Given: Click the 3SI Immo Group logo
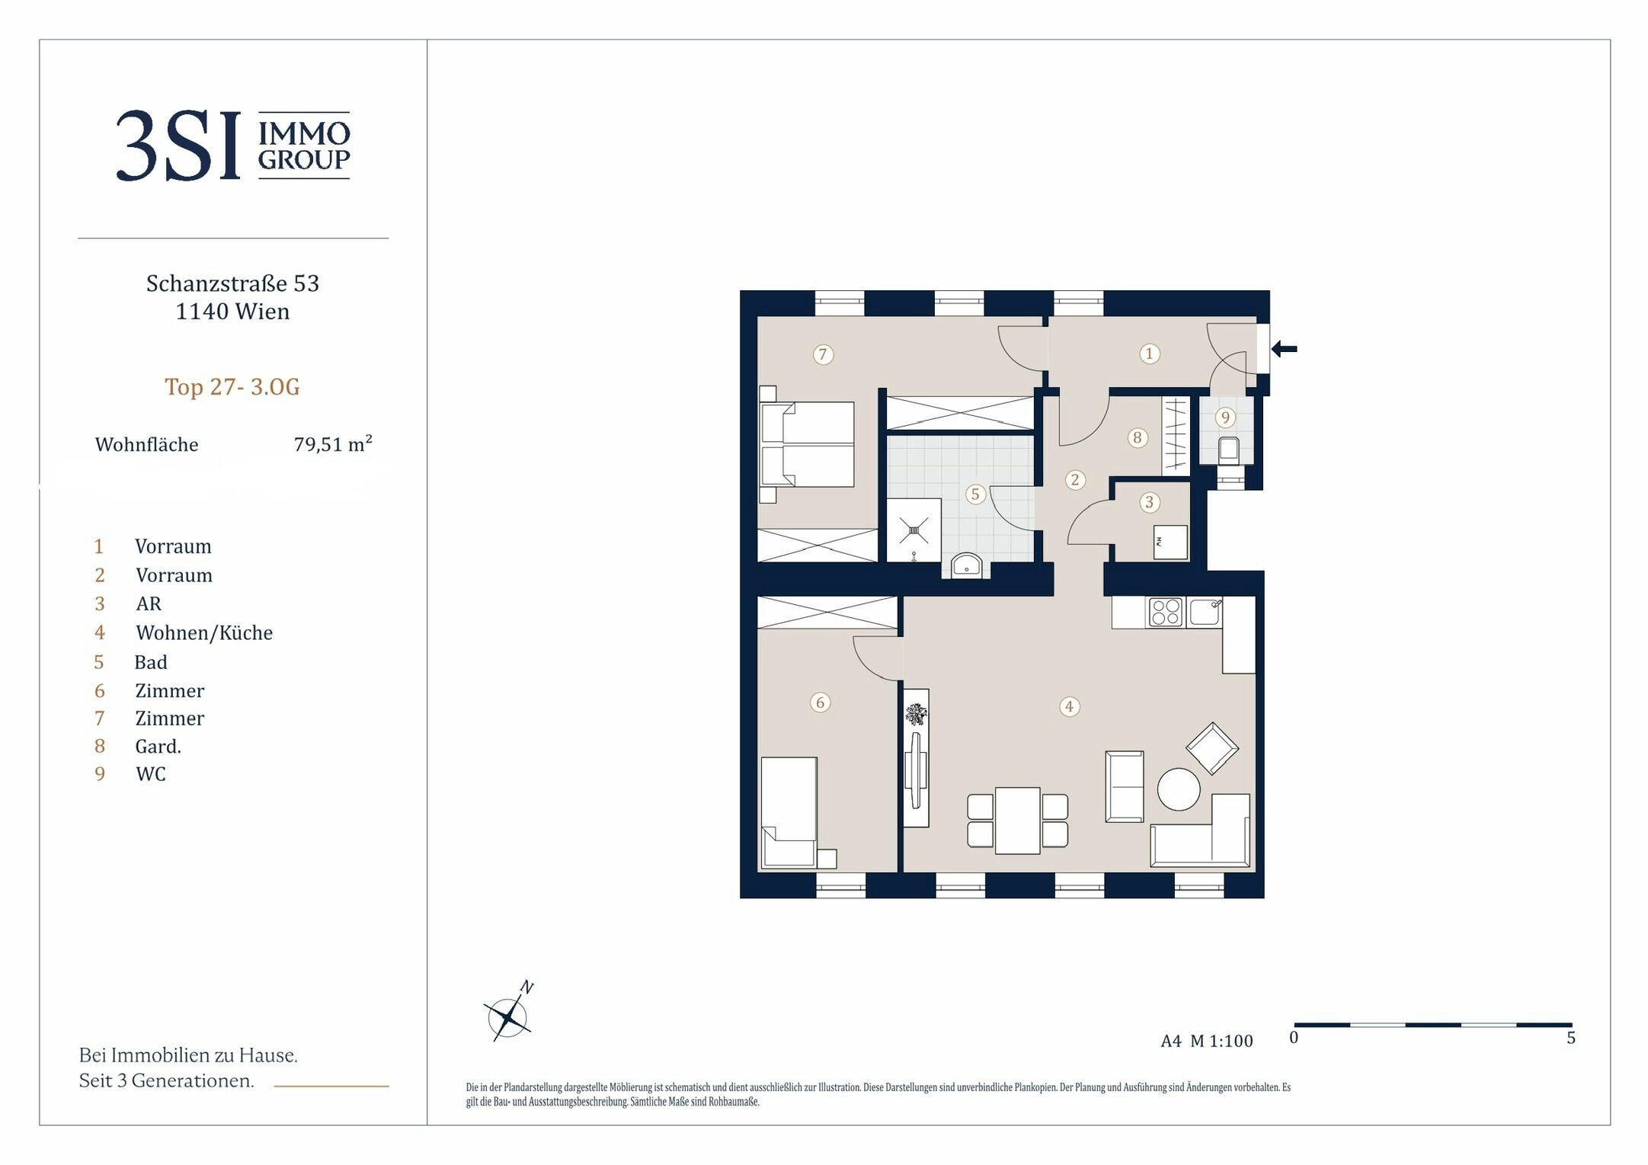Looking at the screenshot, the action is point(233,146).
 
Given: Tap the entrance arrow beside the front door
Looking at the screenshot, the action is point(1284,349).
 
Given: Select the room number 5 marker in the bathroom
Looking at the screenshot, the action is point(974,494).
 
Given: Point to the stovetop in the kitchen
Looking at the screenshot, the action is point(1165,612).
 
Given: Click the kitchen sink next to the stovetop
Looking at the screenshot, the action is point(1205,612).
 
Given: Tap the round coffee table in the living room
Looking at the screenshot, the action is point(1178,789).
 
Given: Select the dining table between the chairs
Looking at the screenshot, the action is point(1017,821).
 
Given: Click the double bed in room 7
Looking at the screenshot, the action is point(807,444).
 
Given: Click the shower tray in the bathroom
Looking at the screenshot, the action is point(914,530).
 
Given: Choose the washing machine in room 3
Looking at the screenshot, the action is point(1170,542).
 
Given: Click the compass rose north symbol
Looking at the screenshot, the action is point(509,1013).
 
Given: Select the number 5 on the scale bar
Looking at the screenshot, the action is point(1570,1038).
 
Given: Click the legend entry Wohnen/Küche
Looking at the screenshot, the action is point(204,633).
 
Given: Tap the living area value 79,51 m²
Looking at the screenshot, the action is point(333,444).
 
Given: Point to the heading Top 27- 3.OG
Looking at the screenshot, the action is point(232,387).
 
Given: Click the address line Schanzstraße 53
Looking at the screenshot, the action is point(232,283).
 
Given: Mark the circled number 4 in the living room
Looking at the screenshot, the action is point(1069,706).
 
